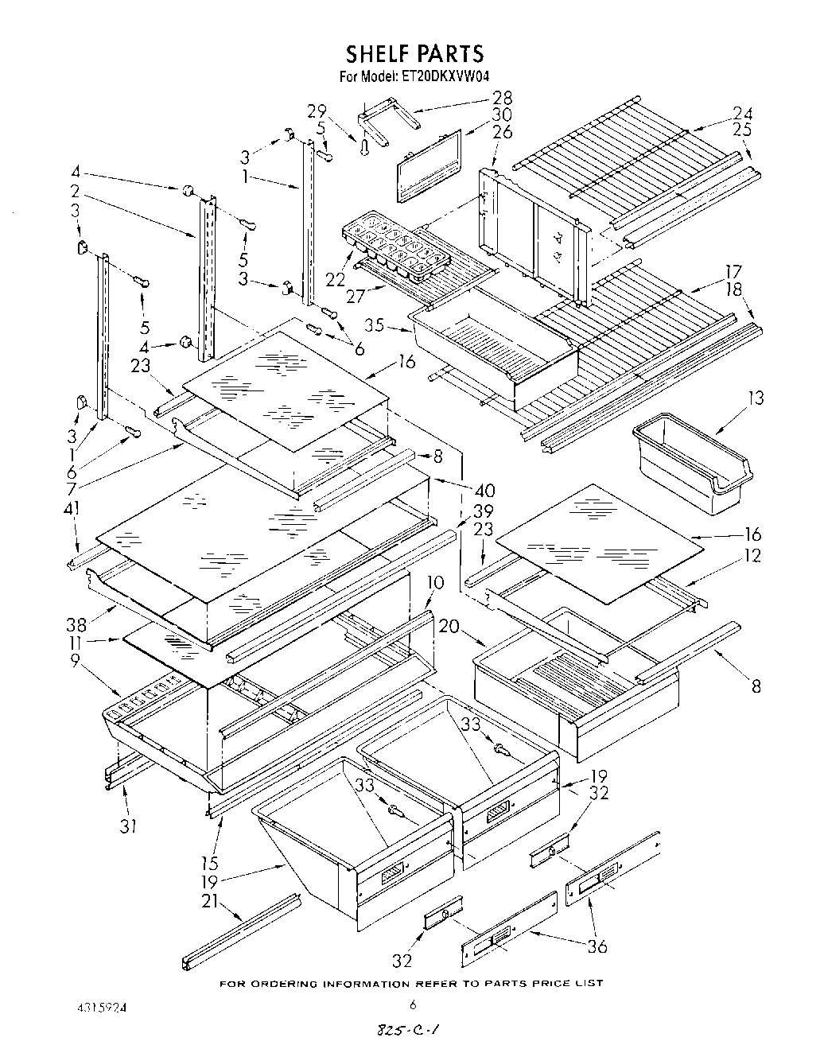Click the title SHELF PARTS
[414, 53]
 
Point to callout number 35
[375, 324]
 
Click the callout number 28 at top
[503, 98]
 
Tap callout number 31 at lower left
[128, 826]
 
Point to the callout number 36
[597, 946]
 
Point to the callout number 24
[742, 113]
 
